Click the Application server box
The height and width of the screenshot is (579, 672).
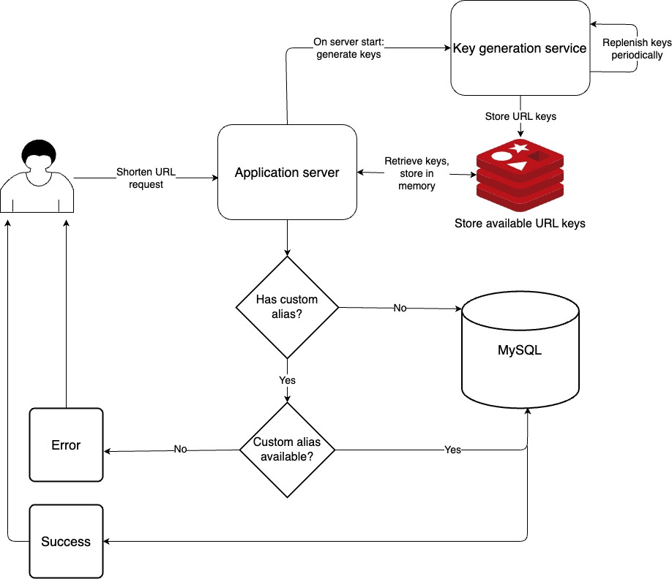pyautogui.click(x=287, y=172)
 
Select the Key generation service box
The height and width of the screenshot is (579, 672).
pyautogui.click(x=520, y=48)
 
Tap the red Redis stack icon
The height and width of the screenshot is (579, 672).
pyautogui.click(x=520, y=175)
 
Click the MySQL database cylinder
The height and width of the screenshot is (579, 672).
pyautogui.click(x=520, y=349)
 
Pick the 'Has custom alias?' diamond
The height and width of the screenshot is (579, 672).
pyautogui.click(x=287, y=307)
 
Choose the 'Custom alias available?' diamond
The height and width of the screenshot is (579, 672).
pyautogui.click(x=287, y=450)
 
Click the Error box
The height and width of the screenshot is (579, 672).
pyautogui.click(x=66, y=445)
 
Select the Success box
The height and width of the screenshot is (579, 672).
pyautogui.click(x=66, y=541)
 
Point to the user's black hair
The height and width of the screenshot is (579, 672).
pyautogui.click(x=39, y=152)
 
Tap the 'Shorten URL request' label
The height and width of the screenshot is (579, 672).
pyautogui.click(x=146, y=178)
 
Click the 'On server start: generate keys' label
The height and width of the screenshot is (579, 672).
pyautogui.click(x=348, y=48)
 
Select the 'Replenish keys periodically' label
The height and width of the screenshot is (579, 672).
pyautogui.click(x=637, y=49)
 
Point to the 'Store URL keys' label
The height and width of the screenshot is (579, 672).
pyautogui.click(x=520, y=116)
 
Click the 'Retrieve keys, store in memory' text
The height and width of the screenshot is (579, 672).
pyautogui.click(x=417, y=173)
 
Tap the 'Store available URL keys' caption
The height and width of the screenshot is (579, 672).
pyautogui.click(x=520, y=224)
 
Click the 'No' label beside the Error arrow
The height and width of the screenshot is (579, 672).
pyautogui.click(x=180, y=449)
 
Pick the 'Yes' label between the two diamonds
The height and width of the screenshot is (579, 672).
pyautogui.click(x=287, y=380)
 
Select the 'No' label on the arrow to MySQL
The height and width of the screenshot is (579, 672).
pyautogui.click(x=400, y=308)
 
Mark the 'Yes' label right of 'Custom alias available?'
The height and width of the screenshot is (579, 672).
pyautogui.click(x=452, y=450)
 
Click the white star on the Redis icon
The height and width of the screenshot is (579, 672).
pyautogui.click(x=520, y=148)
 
